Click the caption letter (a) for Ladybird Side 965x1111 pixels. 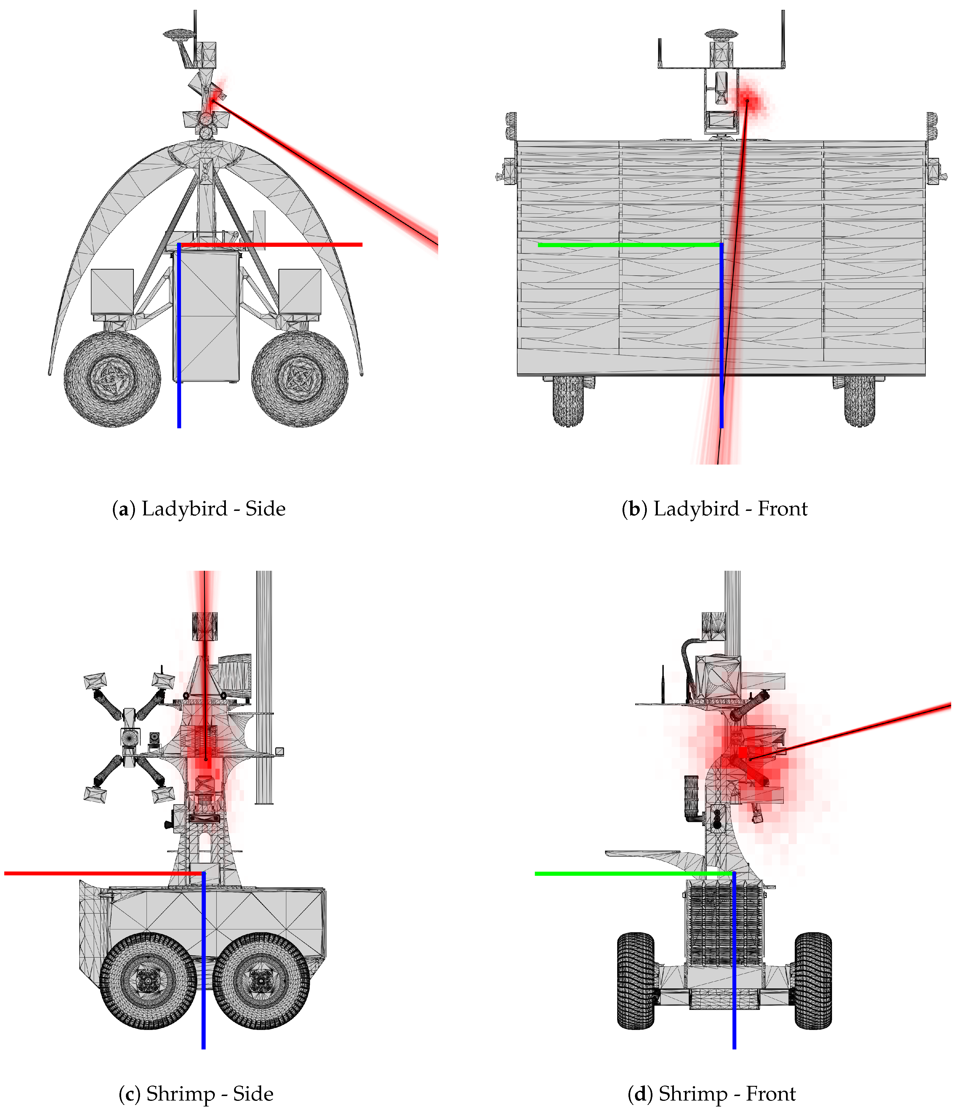click(x=123, y=509)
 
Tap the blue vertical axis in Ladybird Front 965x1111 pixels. click(x=722, y=334)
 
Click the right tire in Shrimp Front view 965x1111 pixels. click(x=813, y=981)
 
